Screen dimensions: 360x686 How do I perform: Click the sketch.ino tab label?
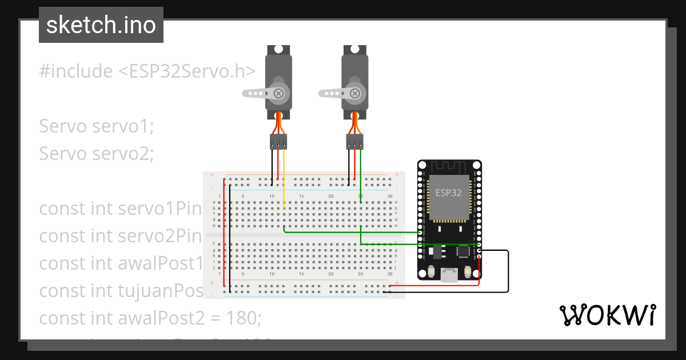pos(101,25)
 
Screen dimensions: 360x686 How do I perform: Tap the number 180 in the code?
pos(244,318)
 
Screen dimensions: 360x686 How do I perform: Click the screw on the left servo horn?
pos(278,93)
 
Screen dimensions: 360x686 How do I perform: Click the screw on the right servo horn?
pos(354,93)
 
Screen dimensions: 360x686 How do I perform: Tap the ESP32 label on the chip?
pos(448,193)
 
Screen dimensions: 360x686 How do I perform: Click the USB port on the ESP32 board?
pos(449,275)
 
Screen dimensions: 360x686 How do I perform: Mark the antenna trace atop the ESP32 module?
pos(449,167)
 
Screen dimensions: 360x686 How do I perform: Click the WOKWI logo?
pos(607,315)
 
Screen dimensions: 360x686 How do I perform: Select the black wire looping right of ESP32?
pos(508,271)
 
